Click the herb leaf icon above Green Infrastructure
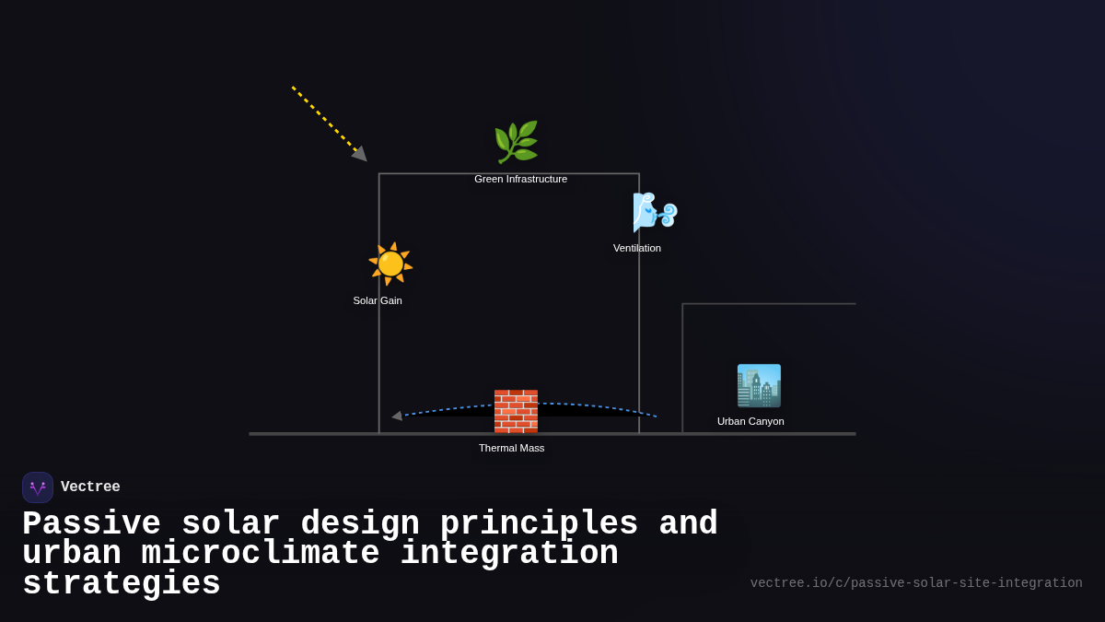[516, 142]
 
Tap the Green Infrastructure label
[520, 179]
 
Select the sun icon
[390, 264]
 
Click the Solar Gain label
[378, 300]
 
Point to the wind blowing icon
[655, 213]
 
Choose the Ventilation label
[637, 248]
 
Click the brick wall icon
[516, 411]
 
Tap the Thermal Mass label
[511, 448]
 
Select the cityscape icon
[759, 386]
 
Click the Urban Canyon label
[750, 421]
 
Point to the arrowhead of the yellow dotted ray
[360, 154]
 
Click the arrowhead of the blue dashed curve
[397, 416]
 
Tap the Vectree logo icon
[38, 487]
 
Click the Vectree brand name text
[90, 487]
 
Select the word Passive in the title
[91, 524]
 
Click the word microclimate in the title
[261, 554]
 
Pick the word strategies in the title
[122, 584]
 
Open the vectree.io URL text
[916, 583]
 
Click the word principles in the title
[539, 524]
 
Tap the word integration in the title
[509, 554]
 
